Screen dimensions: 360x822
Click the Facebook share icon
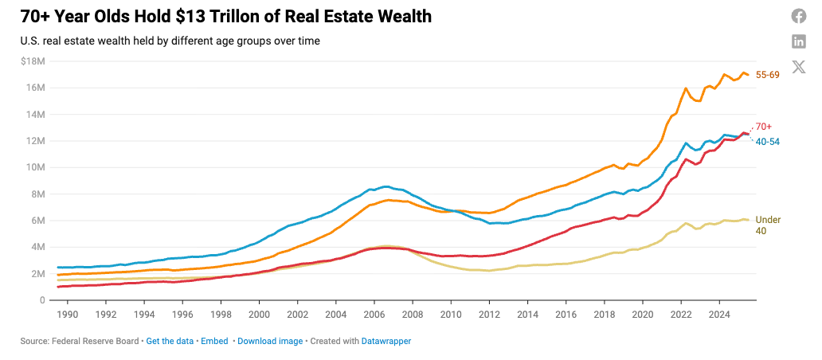[798, 16]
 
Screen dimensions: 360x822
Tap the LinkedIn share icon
[798, 41]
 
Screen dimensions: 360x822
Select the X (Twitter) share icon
[798, 67]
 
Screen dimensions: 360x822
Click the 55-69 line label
[767, 74]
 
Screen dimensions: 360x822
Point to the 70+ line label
[763, 127]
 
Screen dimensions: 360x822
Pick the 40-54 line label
[767, 141]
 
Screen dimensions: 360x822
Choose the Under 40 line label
[767, 225]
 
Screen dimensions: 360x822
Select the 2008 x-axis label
[412, 315]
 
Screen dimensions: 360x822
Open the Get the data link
[170, 341]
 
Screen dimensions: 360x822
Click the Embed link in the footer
[214, 341]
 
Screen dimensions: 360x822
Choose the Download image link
[270, 341]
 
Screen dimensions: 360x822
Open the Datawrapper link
[386, 341]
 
